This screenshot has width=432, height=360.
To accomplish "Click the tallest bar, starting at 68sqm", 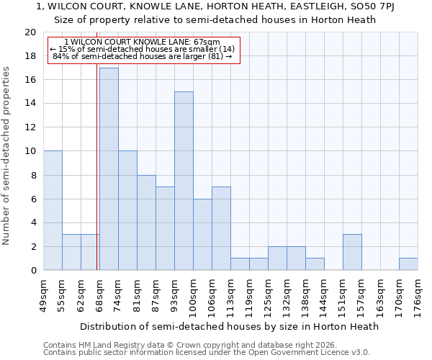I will (x=109, y=169).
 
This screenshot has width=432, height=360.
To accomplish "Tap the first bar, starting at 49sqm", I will (x=53, y=211).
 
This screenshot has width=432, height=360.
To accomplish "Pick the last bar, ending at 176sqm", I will (x=408, y=264).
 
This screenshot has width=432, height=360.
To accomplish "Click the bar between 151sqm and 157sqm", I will (x=352, y=252).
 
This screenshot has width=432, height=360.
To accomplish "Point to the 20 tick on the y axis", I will (x=30, y=32).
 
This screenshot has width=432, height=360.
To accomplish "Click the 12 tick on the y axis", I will (x=30, y=127).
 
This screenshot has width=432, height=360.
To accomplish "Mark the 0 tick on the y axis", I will (x=32, y=270).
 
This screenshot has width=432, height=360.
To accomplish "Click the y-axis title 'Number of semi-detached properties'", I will (x=7, y=156).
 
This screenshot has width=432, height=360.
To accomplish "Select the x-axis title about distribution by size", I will (x=229, y=326).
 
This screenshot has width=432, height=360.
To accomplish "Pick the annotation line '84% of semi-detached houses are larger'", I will (x=143, y=56).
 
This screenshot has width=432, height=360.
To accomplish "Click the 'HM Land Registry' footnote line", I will (x=197, y=345).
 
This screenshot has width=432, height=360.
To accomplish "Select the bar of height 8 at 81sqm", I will (x=146, y=222).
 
